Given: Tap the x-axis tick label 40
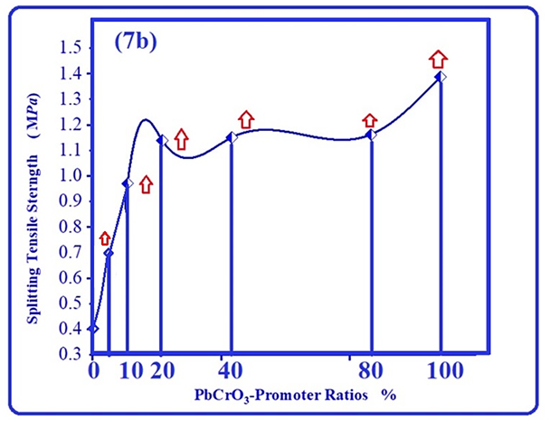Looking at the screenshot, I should (x=231, y=371).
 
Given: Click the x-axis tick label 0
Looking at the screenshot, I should (x=92, y=371).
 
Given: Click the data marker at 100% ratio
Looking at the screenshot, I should (x=441, y=77).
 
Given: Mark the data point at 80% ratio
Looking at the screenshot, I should (x=370, y=135).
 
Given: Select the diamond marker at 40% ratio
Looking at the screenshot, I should (x=231, y=137).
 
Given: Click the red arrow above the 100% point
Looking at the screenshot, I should (x=438, y=59).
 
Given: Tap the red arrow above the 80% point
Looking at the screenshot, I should (x=369, y=121).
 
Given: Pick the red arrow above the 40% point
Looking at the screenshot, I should (x=246, y=119).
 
